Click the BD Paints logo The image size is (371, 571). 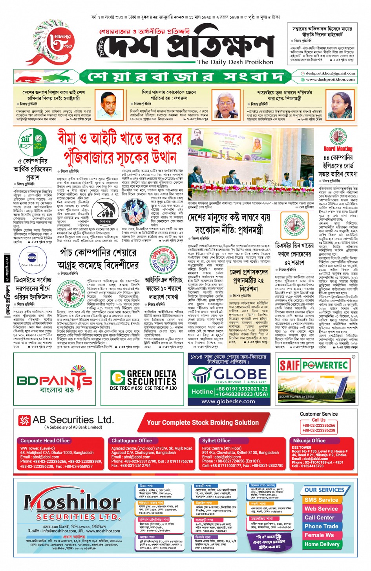55,380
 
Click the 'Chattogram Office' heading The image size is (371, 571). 132,441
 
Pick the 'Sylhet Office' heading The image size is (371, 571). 216,441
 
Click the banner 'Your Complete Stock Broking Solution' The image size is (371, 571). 203,423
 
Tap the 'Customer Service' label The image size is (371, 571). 318,414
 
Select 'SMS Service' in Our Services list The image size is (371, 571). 321,500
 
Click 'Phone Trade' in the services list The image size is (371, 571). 321,526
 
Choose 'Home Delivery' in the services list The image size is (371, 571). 322,544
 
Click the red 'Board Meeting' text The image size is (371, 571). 338,149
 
